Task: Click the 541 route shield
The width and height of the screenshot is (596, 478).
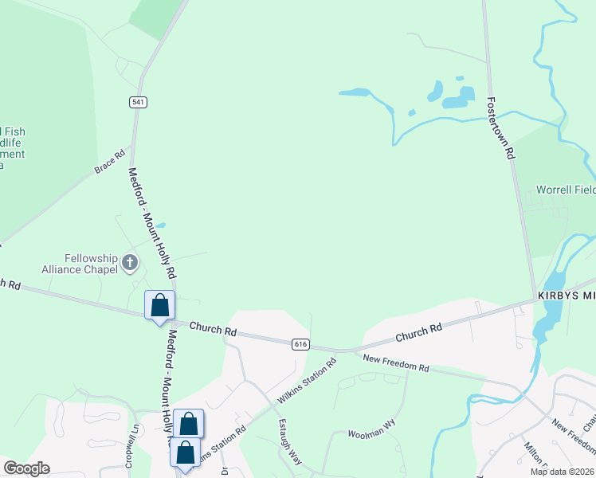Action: tap(139, 102)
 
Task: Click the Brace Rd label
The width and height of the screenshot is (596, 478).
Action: tap(110, 161)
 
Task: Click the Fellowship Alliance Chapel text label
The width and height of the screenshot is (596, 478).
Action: tap(90, 264)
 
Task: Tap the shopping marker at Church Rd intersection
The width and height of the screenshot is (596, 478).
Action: tap(159, 306)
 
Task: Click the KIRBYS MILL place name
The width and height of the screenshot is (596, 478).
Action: tap(567, 296)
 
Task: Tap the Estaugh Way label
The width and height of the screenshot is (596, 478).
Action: tap(289, 443)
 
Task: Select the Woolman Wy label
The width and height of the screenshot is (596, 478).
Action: tap(371, 432)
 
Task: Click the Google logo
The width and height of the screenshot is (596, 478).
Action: tap(26, 468)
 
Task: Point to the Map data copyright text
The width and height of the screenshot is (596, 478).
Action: tap(562, 472)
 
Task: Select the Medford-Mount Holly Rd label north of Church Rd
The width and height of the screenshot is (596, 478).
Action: tap(151, 221)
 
